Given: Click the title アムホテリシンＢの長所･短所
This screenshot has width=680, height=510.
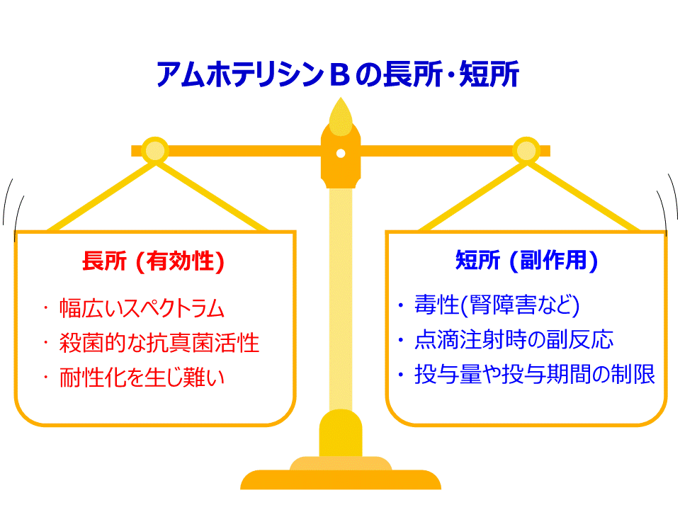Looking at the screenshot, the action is click(x=338, y=74).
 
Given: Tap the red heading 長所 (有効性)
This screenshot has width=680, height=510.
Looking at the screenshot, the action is click(x=153, y=261).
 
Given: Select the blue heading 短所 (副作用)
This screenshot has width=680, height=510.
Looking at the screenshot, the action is click(x=526, y=260).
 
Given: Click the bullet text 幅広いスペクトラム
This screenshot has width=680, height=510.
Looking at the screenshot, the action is click(x=142, y=308).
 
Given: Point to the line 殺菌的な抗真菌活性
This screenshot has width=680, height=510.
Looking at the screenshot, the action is click(x=159, y=343).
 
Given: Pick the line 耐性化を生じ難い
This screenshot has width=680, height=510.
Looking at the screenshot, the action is click(x=142, y=377).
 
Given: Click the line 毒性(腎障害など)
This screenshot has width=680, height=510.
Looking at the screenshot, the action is click(x=497, y=305).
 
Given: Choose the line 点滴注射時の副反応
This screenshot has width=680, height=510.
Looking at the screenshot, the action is click(x=514, y=339).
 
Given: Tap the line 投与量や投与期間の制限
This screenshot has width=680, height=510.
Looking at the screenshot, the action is click(x=535, y=374).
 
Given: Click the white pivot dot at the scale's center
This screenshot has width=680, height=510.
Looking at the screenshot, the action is click(x=341, y=153).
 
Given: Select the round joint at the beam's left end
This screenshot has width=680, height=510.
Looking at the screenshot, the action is click(x=155, y=151).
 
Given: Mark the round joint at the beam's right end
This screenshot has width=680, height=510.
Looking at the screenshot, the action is click(x=526, y=151).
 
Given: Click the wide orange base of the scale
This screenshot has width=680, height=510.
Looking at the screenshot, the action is click(x=341, y=480).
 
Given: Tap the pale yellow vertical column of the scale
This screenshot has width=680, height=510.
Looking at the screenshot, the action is click(x=341, y=299).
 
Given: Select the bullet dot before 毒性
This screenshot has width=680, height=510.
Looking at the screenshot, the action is click(x=401, y=306).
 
